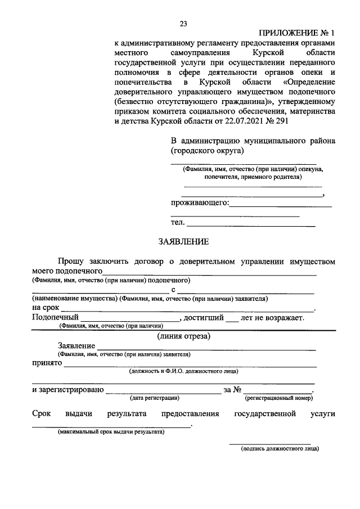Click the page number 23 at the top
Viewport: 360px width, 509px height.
click(x=183, y=23)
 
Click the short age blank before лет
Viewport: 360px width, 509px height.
click(x=232, y=319)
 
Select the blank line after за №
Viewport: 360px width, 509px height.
click(x=278, y=391)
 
